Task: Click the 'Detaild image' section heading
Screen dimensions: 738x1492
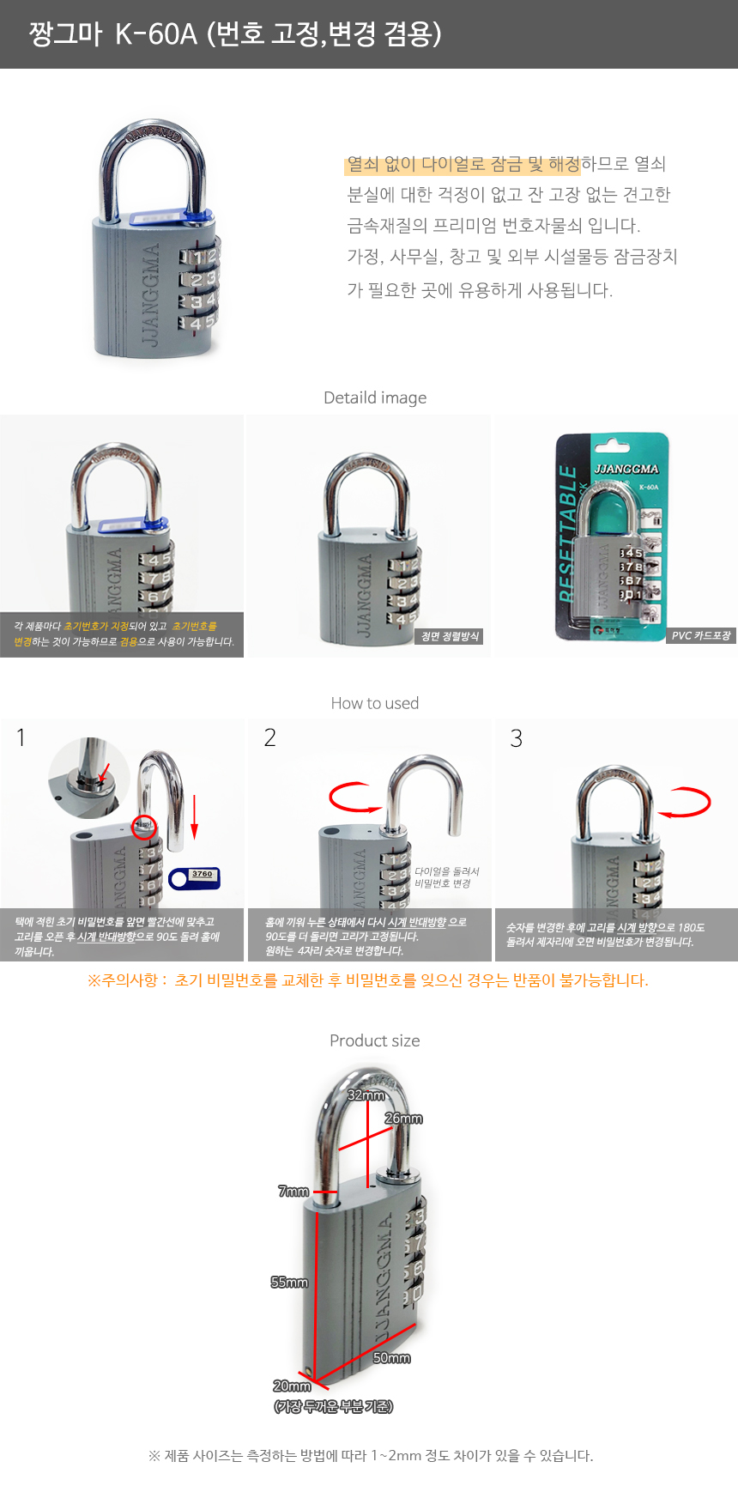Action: click(x=375, y=397)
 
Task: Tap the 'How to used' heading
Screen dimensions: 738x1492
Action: click(x=375, y=703)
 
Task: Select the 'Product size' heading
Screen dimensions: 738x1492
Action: click(x=375, y=1040)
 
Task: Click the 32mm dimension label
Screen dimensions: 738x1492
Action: click(x=366, y=1095)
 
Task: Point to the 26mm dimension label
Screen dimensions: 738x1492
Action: click(x=403, y=1119)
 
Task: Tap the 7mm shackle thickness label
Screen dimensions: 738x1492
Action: click(x=293, y=1192)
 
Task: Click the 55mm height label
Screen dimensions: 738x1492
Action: click(x=289, y=1283)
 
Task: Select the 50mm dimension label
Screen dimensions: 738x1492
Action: click(x=392, y=1358)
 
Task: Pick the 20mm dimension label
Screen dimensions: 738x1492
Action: click(x=292, y=1386)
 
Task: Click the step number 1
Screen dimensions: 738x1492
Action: click(x=21, y=737)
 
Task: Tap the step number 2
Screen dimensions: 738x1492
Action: click(x=269, y=737)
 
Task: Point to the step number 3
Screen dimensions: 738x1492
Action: click(x=516, y=738)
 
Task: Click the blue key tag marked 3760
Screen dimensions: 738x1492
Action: click(x=195, y=878)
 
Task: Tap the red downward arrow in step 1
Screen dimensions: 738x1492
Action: click(x=195, y=817)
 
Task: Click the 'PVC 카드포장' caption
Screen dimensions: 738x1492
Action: click(x=701, y=636)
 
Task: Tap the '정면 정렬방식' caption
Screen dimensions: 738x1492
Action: click(x=451, y=636)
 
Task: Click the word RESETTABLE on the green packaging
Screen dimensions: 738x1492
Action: click(x=568, y=532)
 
